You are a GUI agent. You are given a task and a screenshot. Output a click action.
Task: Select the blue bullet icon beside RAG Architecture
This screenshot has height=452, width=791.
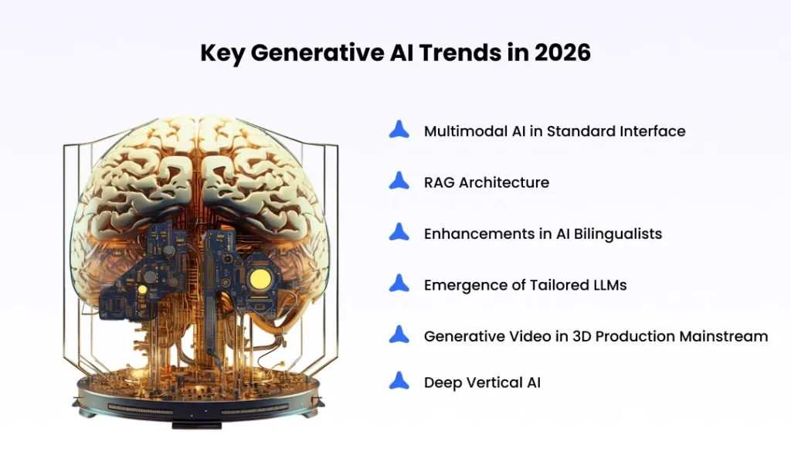pos(399,182)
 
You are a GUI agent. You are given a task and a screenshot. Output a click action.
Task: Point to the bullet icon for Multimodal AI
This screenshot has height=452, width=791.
pos(399,130)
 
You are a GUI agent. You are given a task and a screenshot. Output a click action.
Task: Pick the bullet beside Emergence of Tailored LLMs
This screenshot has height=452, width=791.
pos(399,284)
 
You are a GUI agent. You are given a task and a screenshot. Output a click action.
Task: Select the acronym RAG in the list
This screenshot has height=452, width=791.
pos(439,183)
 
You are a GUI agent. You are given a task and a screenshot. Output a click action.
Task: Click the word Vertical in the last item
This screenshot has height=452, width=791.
pos(491,382)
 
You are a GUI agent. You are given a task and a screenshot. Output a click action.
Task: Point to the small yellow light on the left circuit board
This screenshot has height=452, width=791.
pos(141,288)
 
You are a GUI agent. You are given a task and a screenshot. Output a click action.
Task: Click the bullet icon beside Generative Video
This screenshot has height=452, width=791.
pos(399,335)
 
